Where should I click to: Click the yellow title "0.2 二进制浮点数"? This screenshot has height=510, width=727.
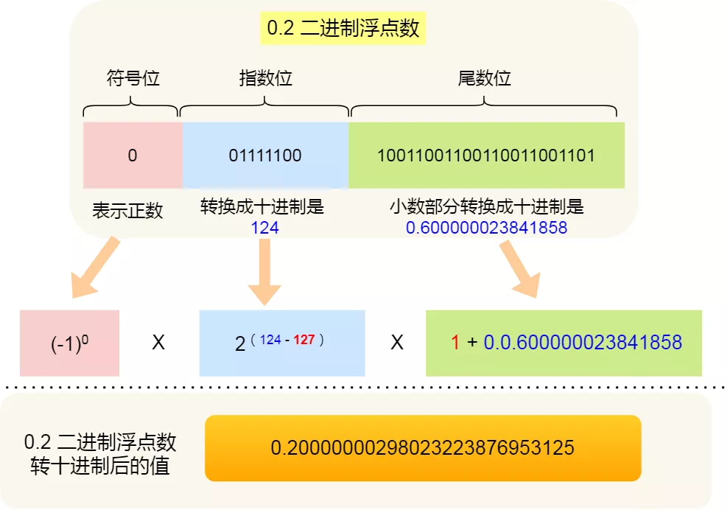click(343, 29)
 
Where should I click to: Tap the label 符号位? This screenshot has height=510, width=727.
click(133, 78)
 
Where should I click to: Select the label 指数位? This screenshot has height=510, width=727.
click(265, 78)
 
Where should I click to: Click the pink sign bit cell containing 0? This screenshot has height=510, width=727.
click(133, 156)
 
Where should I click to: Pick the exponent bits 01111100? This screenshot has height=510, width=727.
click(265, 156)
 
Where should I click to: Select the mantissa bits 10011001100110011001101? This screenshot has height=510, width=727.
click(486, 156)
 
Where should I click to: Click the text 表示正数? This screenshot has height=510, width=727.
click(127, 211)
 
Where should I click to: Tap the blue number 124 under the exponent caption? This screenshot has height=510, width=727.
click(264, 228)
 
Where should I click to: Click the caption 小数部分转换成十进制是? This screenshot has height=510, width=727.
click(486, 206)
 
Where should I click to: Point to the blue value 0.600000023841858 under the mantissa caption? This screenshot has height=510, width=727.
click(486, 228)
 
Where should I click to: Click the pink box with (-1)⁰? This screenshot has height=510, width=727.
click(69, 343)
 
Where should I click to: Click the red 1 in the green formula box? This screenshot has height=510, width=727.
click(455, 343)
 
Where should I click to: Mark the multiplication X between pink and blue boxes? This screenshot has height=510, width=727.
click(158, 343)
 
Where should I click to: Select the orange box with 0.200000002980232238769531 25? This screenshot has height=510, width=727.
click(423, 448)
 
